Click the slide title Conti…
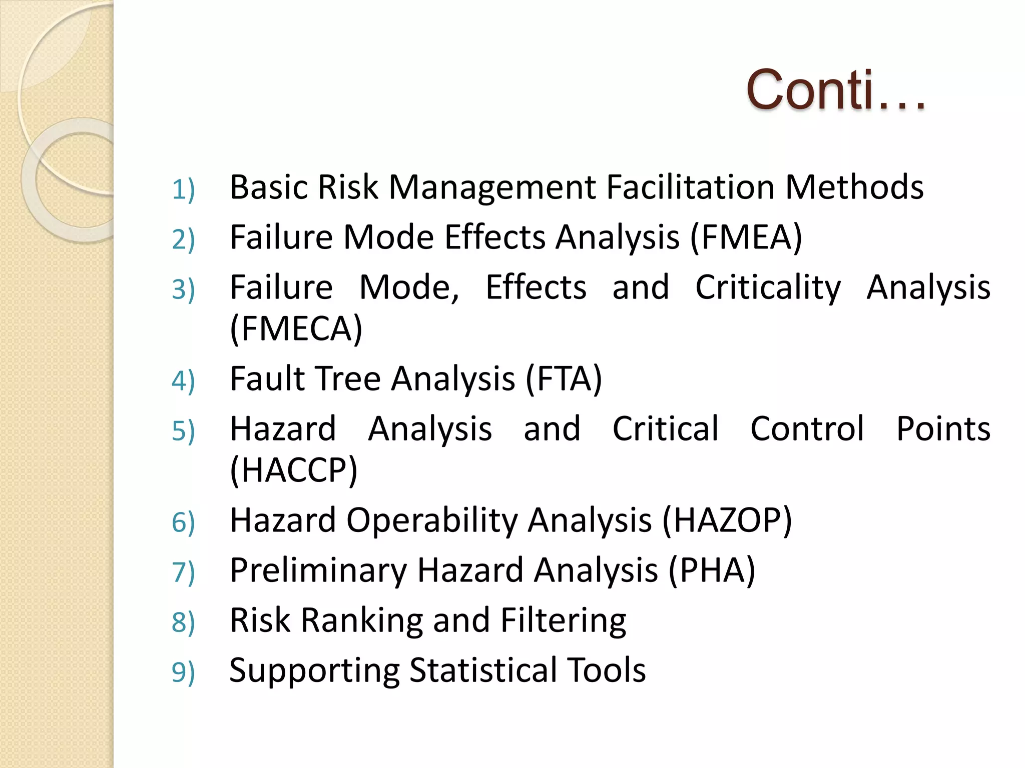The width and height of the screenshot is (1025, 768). [835, 90]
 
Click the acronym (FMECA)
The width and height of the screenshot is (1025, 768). [296, 329]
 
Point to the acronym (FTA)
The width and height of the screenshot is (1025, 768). [564, 378]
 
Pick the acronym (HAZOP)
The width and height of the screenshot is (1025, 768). [727, 520]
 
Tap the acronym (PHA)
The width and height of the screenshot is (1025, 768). [712, 570]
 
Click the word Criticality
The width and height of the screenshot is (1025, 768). [768, 288]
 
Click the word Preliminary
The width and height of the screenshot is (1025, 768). [318, 570]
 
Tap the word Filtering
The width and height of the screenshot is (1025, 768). [563, 620]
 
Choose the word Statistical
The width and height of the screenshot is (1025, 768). [483, 670]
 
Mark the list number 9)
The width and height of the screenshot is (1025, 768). [183, 672]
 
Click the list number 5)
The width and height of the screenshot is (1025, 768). [183, 431]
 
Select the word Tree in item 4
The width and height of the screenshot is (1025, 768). [349, 378]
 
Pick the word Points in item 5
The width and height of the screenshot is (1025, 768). [943, 429]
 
